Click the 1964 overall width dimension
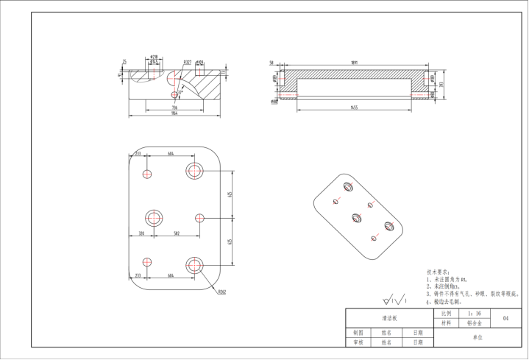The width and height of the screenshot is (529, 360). point(174,114)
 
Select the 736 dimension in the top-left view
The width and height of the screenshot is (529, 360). point(174,107)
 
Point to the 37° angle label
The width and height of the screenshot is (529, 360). point(180,92)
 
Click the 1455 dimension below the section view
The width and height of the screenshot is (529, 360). point(354,107)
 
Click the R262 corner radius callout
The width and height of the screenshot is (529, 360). point(221,292)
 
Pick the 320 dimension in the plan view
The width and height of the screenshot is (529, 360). point(141,233)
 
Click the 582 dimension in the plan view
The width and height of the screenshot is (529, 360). point(177,233)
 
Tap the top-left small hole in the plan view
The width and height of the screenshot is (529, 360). point(147,174)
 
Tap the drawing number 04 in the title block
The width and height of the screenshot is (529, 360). point(505,318)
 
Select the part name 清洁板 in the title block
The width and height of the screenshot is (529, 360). point(389,318)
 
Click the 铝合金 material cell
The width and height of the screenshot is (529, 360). point(474,323)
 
